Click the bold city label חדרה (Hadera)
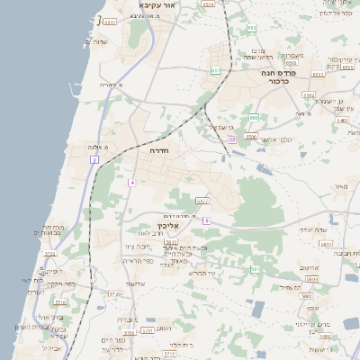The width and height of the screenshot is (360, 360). point(159,152)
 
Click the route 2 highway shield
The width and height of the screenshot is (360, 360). point(94,159)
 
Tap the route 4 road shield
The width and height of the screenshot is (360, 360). point(131,182)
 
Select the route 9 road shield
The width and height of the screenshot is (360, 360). point(206,220)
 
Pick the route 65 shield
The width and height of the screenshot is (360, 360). point(232,139)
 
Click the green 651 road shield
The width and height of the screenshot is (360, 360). point(216,69)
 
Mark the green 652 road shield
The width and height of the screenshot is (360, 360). point(252,28)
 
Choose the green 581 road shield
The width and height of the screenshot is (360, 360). point(255,268)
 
